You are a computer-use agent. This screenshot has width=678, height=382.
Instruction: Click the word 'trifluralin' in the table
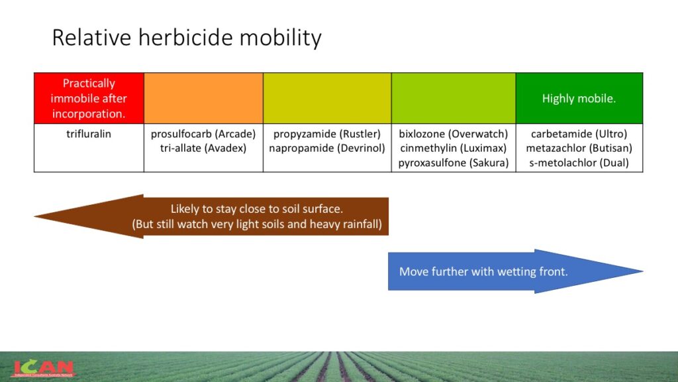[89, 134]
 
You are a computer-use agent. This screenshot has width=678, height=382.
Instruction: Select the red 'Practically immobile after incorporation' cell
[89, 98]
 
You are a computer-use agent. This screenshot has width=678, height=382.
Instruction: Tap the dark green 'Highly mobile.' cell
[579, 98]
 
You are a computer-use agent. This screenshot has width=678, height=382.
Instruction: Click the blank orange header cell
[204, 98]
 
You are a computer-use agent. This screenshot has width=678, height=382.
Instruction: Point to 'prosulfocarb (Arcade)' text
[203, 134]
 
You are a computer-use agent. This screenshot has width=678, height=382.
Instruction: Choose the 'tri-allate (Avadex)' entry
[203, 148]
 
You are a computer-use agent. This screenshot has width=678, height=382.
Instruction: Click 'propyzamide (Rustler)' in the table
[327, 134]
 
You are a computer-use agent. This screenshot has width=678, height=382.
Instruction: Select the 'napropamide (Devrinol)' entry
[327, 148]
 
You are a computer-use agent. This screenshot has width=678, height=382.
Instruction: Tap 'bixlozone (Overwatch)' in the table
[454, 134]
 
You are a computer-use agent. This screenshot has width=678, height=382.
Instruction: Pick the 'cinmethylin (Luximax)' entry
[454, 148]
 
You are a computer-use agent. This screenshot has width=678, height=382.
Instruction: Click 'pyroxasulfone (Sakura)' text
[454, 163]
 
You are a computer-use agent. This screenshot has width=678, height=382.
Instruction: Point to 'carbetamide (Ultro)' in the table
[579, 134]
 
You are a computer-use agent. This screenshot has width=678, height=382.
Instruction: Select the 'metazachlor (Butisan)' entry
[579, 148]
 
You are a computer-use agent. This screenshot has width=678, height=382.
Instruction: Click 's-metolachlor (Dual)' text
[579, 163]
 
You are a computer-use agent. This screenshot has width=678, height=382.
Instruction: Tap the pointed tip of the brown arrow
[34, 216]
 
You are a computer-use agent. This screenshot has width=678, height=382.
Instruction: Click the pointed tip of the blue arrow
[642, 271]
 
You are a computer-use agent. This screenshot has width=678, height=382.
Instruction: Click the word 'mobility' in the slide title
[280, 38]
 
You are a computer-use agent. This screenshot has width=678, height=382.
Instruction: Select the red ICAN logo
[43, 369]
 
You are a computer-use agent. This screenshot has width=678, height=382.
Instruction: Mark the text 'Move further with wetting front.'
[483, 271]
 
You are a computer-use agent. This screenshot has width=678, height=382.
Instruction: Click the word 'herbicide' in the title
[185, 37]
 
